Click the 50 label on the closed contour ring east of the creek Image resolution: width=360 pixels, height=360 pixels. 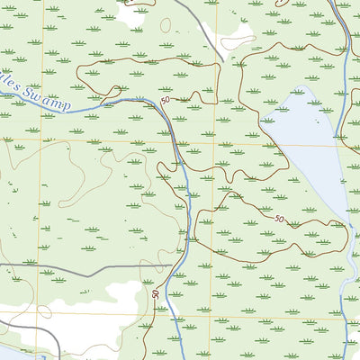point(279,219)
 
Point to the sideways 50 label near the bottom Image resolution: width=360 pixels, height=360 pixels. point(156,294)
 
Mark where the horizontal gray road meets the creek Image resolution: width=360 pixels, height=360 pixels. point(181,265)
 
